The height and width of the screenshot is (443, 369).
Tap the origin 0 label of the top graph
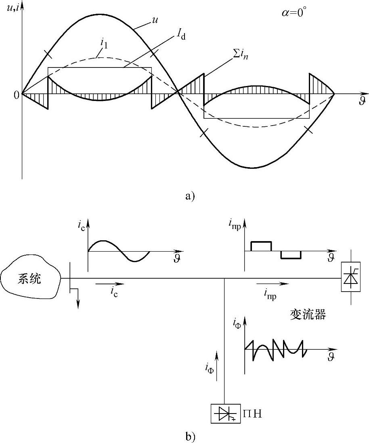(16, 95)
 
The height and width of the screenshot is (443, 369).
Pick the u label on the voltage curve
(154, 19)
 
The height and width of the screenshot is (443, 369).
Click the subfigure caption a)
(189, 196)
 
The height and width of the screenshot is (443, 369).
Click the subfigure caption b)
(190, 436)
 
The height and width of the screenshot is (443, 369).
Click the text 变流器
(308, 315)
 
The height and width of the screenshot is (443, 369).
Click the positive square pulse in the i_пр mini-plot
(261, 246)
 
